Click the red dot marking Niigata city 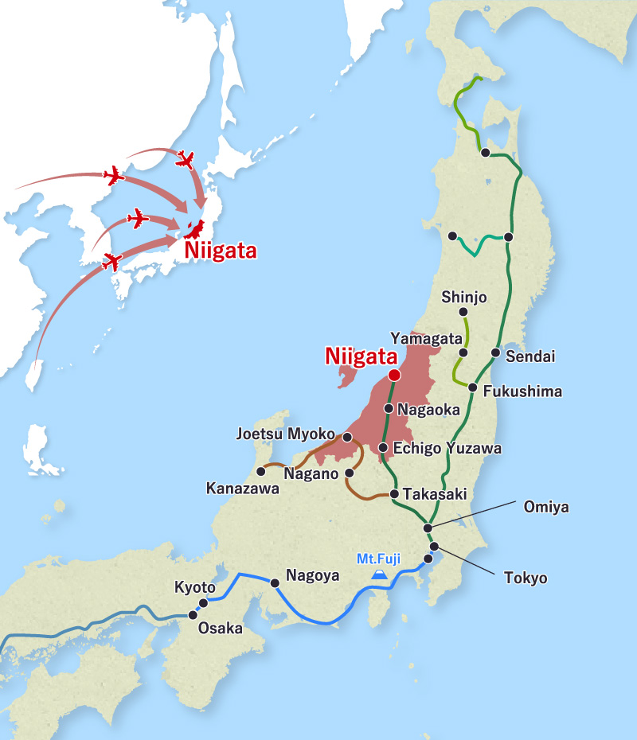(x=393, y=375)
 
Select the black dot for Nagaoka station (x=388, y=409)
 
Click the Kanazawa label (x=242, y=488)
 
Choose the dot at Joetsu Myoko (x=347, y=437)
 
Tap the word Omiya (x=545, y=507)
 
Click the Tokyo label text (x=526, y=578)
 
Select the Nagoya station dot (x=275, y=583)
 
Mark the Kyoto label (x=195, y=588)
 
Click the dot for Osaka (x=192, y=614)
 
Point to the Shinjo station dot (x=464, y=311)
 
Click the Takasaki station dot (x=394, y=494)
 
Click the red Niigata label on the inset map (x=221, y=251)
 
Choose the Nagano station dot (x=350, y=473)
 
